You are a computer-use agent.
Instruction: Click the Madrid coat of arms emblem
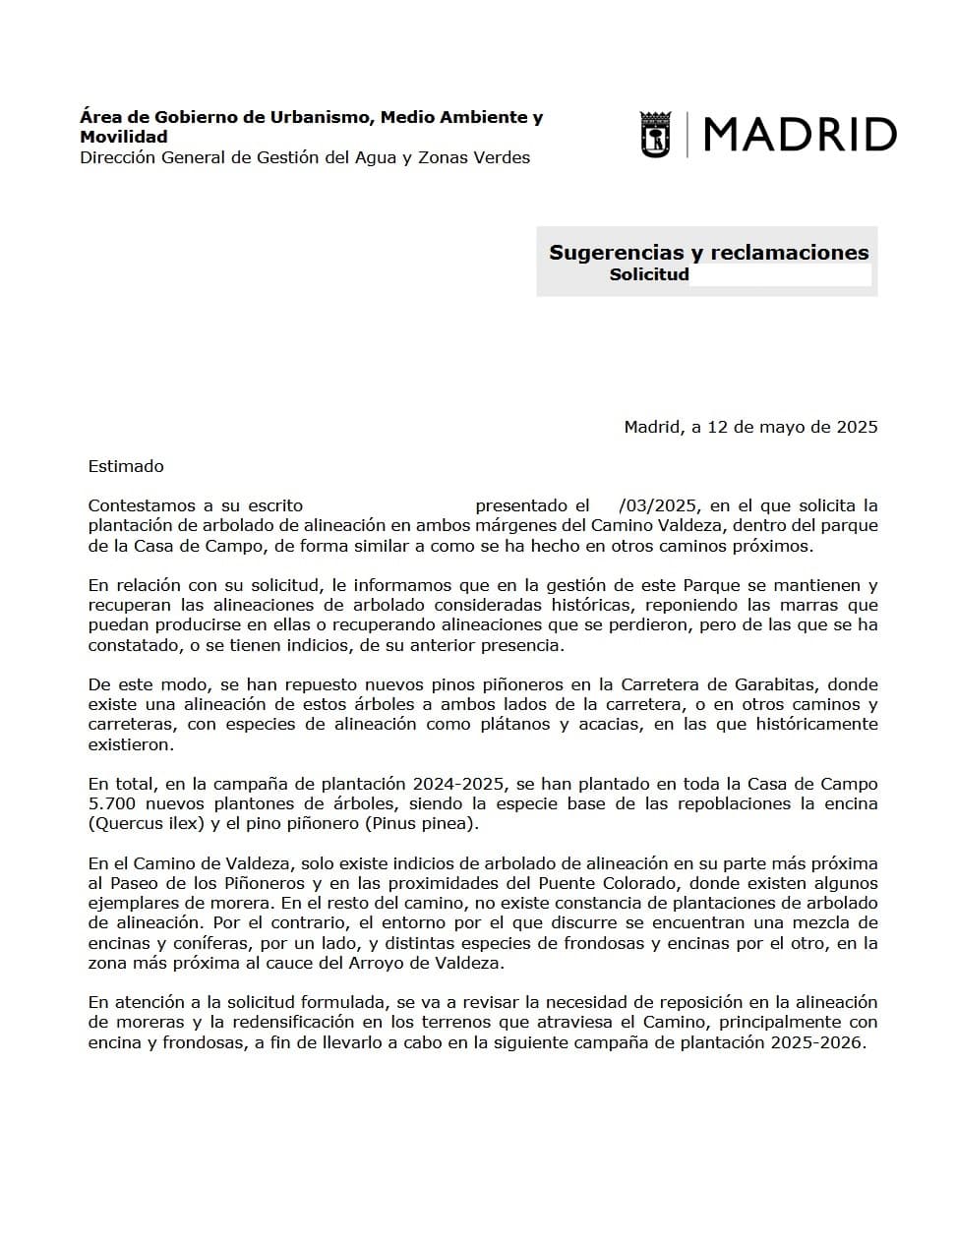click(654, 135)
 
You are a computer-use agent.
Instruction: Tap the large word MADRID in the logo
click(800, 135)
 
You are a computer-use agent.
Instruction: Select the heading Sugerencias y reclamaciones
click(708, 253)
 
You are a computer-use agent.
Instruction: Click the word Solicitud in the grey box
click(648, 275)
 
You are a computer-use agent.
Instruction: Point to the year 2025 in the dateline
click(857, 427)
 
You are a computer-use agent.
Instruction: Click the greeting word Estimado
click(126, 466)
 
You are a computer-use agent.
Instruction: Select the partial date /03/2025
click(658, 505)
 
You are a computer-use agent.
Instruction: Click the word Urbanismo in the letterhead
click(323, 117)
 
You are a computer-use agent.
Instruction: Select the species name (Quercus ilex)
click(147, 823)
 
